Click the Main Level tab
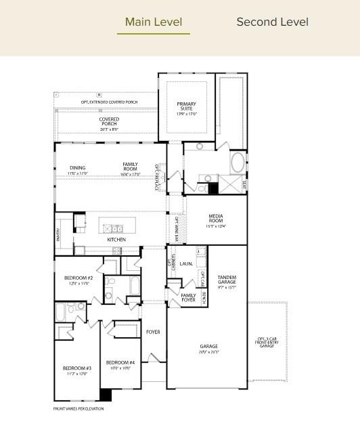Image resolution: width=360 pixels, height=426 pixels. tap(154, 22)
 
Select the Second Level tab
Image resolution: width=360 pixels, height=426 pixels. tap(272, 22)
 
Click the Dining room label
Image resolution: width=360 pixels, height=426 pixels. tap(77, 167)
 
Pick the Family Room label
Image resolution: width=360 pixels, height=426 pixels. tap(130, 167)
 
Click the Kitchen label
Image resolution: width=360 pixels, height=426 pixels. tap(116, 240)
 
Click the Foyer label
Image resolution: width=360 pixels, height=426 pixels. tap(153, 332)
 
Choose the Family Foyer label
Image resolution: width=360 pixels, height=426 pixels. tap(188, 297)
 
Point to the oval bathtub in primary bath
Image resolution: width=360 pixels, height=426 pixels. tap(238, 163)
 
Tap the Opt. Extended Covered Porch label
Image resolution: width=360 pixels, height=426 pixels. tap(109, 102)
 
